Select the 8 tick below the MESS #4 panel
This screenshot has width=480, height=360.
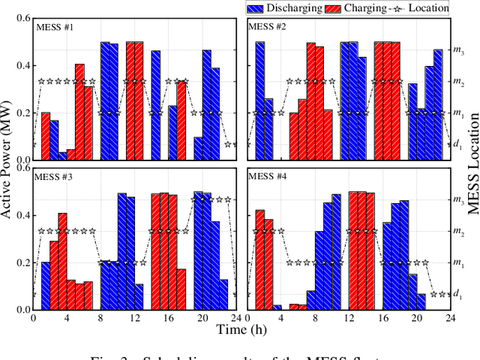(x=318, y=319)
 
